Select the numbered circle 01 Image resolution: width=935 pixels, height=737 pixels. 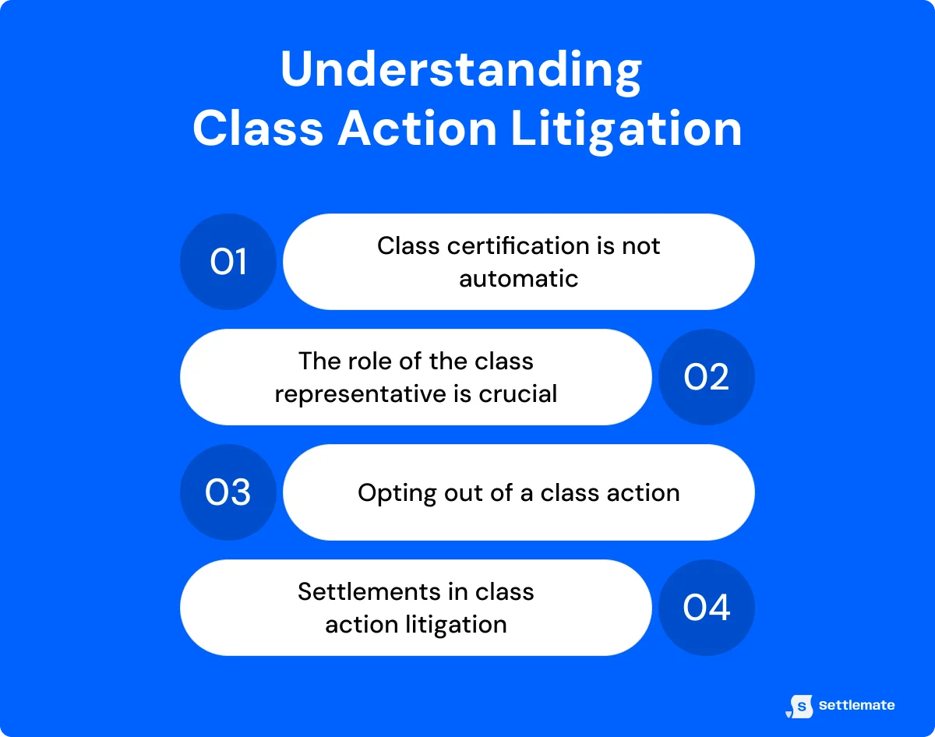point(228,262)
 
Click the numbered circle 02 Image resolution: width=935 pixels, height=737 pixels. point(707,377)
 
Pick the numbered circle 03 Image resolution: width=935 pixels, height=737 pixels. point(228,492)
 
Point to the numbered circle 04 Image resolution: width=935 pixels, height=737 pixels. point(707,608)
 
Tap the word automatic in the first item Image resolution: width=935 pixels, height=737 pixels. point(519,278)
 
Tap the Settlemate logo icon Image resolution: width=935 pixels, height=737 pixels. point(800,706)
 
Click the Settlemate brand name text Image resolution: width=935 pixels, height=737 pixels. point(857,706)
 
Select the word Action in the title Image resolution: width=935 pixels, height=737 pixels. point(417,129)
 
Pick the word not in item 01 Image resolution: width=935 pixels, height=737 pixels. point(640,245)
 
